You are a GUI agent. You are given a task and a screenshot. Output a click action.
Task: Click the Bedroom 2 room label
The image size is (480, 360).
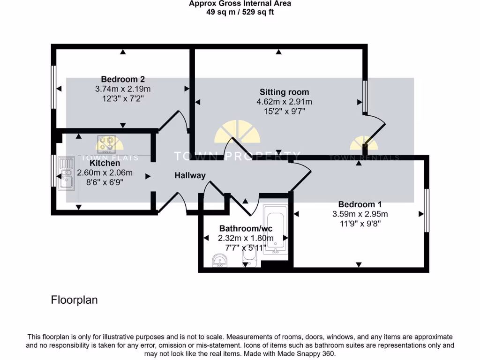(x=120, y=79)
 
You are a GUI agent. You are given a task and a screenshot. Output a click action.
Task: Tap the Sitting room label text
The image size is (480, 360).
(x=284, y=92)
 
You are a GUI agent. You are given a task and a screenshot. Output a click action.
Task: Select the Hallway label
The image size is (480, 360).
(x=190, y=175)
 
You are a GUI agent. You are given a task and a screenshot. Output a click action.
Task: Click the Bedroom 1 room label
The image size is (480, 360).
(x=360, y=204)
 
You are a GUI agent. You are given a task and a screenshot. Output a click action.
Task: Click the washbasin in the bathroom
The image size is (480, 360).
(x=219, y=261)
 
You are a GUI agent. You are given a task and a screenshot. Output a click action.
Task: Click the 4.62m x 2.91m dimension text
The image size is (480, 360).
(x=284, y=102)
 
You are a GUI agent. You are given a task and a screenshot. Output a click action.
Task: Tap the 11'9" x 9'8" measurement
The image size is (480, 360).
(x=360, y=224)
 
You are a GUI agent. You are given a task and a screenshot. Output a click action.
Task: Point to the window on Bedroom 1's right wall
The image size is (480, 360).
(x=426, y=210)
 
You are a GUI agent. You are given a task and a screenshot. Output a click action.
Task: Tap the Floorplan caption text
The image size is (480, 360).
(x=74, y=300)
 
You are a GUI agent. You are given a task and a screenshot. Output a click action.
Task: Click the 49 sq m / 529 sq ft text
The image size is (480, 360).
(x=240, y=12)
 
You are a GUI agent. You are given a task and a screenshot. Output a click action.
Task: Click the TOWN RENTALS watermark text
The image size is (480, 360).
(x=364, y=158)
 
